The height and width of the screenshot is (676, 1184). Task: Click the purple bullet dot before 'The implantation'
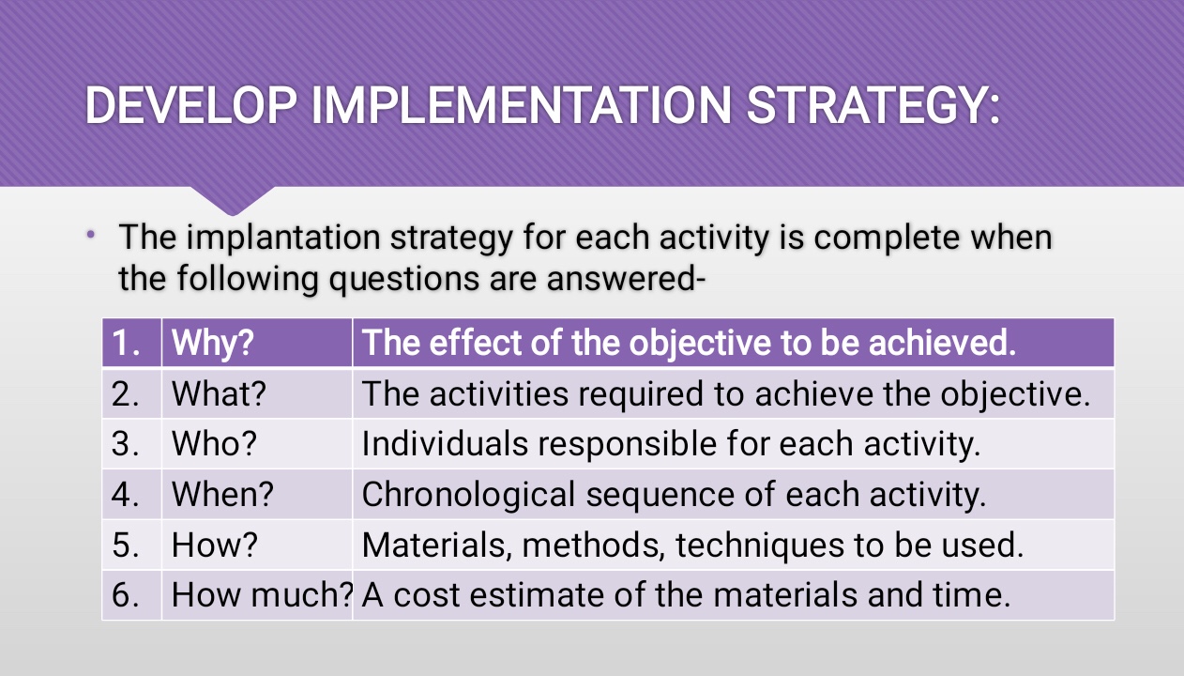point(91,234)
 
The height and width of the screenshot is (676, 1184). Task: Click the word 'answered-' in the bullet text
point(627,278)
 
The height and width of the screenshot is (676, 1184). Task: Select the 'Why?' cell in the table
point(257,343)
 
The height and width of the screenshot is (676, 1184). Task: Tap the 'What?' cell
point(257,393)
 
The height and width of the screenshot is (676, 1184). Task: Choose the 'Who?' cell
point(257,443)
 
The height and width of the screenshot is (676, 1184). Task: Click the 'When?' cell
point(257,494)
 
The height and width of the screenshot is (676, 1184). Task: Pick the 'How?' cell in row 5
point(257,545)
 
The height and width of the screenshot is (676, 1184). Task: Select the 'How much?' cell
point(257,594)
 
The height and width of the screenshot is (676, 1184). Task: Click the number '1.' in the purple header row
point(126,343)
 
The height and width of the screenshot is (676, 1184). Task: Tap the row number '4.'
point(126,495)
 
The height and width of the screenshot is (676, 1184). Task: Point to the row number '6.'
point(126,595)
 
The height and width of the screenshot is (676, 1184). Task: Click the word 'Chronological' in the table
point(468,495)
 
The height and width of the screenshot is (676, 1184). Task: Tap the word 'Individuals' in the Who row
point(445,443)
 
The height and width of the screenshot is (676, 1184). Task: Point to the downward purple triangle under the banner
point(233,198)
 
